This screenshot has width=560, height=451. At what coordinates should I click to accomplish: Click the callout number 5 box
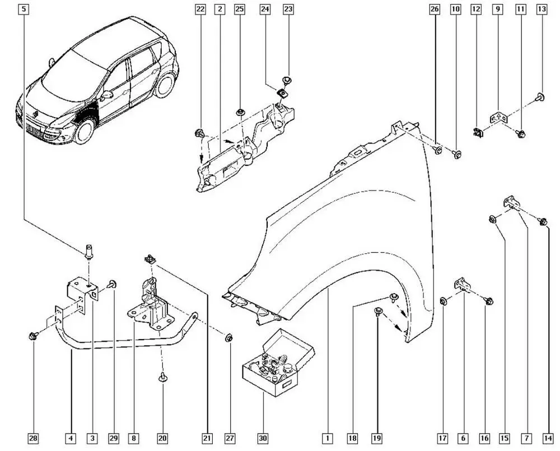(24, 9)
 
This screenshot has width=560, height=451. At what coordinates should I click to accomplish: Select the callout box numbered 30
(263, 438)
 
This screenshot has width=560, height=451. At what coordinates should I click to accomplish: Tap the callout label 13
(542, 9)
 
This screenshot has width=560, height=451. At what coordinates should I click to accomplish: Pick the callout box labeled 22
(200, 9)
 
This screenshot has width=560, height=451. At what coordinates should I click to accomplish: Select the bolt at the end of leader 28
(32, 336)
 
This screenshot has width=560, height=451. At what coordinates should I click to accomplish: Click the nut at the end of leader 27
(228, 338)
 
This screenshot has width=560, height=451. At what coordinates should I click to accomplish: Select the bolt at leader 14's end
(542, 222)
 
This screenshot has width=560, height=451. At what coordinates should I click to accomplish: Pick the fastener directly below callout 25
(240, 113)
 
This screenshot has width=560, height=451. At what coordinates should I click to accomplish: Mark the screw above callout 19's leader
(377, 311)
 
